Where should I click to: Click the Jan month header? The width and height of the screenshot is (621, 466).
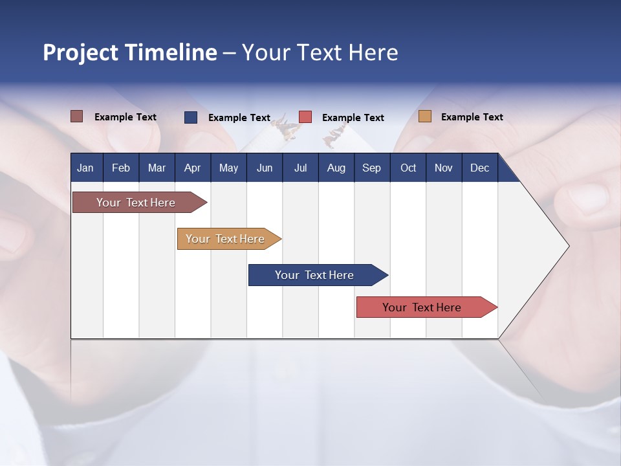(86, 168)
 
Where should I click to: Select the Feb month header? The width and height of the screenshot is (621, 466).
(121, 168)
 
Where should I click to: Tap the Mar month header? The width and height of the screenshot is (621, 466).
(157, 168)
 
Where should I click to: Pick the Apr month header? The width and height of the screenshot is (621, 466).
(192, 168)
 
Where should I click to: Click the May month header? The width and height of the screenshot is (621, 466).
(228, 168)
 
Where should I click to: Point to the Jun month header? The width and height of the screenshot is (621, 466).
(265, 168)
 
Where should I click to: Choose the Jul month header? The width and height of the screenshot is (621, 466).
(300, 168)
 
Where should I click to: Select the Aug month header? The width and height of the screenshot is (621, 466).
(336, 168)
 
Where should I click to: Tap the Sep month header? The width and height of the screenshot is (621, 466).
(372, 168)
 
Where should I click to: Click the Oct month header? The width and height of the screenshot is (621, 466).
(408, 168)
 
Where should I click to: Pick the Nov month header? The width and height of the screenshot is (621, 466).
(444, 168)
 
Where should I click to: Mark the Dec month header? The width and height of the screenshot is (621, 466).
(480, 168)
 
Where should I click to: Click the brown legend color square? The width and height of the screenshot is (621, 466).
(77, 116)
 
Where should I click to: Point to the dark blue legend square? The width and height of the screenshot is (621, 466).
(191, 117)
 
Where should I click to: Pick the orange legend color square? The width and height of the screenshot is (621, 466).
(425, 116)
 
